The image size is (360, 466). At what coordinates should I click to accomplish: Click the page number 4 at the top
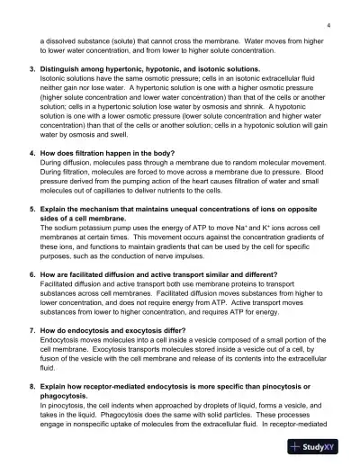point(329,26)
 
